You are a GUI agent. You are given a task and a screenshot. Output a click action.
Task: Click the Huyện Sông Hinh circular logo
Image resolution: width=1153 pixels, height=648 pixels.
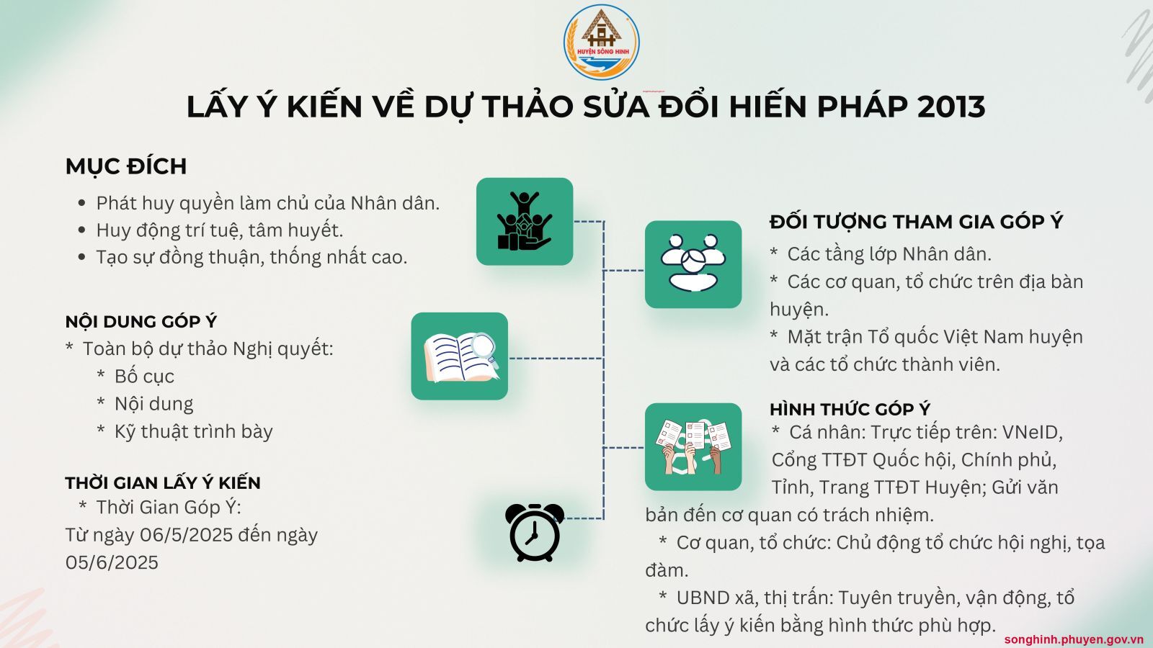pyautogui.click(x=601, y=42)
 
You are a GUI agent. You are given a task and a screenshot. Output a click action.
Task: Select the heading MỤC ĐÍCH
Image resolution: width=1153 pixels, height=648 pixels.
pyautogui.click(x=126, y=166)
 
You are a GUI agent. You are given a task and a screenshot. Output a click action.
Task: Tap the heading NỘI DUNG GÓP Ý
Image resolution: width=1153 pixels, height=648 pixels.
pyautogui.click(x=141, y=322)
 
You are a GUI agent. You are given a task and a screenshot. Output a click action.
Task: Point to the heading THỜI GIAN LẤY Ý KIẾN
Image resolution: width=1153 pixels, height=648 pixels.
pyautogui.click(x=163, y=483)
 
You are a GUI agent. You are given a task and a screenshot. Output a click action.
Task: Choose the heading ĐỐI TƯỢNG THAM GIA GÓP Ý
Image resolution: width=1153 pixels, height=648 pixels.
pyautogui.click(x=916, y=222)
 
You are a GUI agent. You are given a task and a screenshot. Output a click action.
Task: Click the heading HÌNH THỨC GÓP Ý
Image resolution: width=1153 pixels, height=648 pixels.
pyautogui.click(x=850, y=410)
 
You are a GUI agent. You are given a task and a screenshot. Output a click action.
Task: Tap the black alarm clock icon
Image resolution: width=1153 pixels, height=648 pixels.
pyautogui.click(x=534, y=532)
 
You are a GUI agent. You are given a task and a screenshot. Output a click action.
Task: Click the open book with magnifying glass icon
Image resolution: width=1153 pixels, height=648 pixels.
pyautogui.click(x=460, y=356)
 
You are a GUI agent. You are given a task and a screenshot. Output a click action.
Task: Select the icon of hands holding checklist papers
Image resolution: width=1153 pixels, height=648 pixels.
pyautogui.click(x=693, y=447)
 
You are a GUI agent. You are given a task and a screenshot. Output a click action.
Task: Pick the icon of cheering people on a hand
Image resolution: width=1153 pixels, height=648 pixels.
pyautogui.click(x=525, y=222)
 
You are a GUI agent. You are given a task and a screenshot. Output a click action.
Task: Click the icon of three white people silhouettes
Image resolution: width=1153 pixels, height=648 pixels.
pyautogui.click(x=693, y=264)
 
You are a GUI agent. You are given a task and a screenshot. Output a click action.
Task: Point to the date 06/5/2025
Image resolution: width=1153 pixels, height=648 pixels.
pyautogui.click(x=187, y=536)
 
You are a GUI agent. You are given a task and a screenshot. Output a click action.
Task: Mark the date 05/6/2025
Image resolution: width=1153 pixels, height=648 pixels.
pyautogui.click(x=112, y=562)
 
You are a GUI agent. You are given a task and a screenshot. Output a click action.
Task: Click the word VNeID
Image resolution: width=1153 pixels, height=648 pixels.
pyautogui.click(x=1033, y=433)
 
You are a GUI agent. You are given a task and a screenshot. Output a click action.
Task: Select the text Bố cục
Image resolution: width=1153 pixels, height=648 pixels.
pyautogui.click(x=144, y=377)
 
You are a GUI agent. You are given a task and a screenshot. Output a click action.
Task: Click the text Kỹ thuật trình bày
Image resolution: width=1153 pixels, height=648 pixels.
pyautogui.click(x=194, y=431)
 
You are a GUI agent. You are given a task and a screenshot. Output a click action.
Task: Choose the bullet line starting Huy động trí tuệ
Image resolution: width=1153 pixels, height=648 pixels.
pyautogui.click(x=219, y=230)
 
